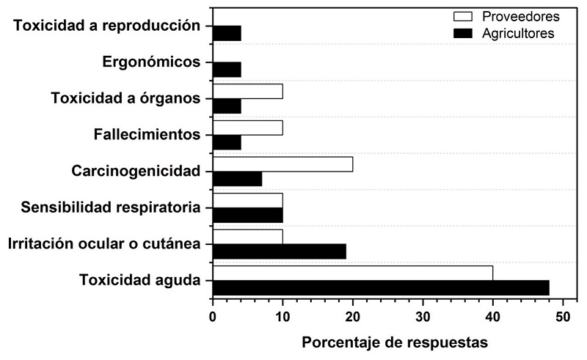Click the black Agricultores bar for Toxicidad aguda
pos(380,287)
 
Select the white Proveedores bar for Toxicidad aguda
pos(352,273)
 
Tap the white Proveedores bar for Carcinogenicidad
pos(282,164)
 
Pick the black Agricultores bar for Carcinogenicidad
pos(237,178)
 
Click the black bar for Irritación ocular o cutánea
pos(279,251)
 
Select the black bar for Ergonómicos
pos(227,69)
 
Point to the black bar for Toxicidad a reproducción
pos(227,33)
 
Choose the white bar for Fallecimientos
pos(247,128)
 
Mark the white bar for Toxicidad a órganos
pos(247,91)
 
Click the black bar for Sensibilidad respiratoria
pos(247,215)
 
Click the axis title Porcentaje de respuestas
pos(395,342)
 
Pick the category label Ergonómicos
pos(151,62)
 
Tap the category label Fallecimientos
pos(147,134)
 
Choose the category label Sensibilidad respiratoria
pos(111,207)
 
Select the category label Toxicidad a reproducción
pos(107,25)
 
